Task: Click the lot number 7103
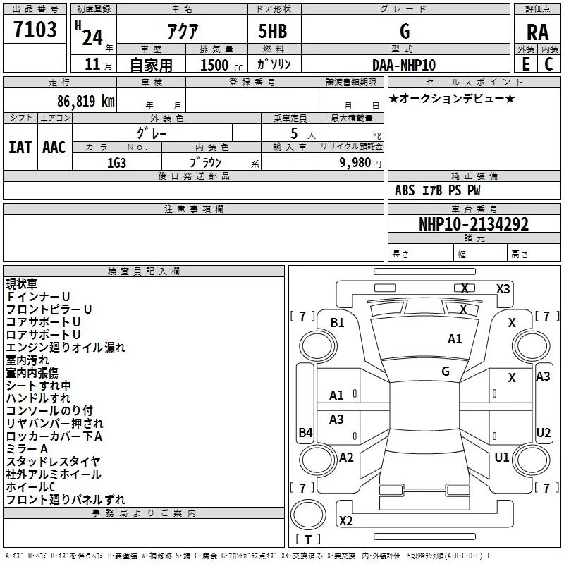point(35,30)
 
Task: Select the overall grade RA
point(537,32)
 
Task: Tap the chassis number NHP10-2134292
point(473,224)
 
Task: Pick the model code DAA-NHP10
point(404,65)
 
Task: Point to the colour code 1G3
point(116,161)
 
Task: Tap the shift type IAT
point(20,147)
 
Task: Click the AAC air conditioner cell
point(54,147)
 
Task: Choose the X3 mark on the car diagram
point(503,288)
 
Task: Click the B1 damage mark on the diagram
point(337,323)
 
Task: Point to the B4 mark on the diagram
point(305,433)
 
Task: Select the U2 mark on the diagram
point(543,433)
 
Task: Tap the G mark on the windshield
point(446,371)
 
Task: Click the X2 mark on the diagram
point(345,521)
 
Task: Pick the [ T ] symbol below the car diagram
point(307,540)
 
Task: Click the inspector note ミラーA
point(27,449)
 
